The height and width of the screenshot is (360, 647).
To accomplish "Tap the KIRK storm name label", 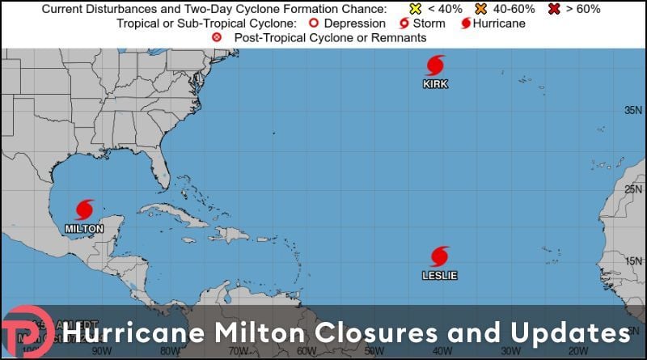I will click(x=435, y=84).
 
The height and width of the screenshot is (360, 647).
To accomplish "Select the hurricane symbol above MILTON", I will click(x=84, y=210).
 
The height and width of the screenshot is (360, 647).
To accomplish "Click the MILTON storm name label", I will click(x=84, y=228).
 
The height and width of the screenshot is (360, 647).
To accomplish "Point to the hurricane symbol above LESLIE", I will click(x=440, y=256).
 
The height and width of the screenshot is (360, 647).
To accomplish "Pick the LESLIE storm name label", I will click(x=440, y=275).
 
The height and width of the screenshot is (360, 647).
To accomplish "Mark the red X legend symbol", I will click(x=556, y=9).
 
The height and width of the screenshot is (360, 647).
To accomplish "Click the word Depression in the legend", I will click(x=353, y=23).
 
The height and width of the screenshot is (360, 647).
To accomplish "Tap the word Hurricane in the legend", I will click(x=500, y=23).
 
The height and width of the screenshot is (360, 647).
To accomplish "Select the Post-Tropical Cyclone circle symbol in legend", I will click(x=216, y=38).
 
